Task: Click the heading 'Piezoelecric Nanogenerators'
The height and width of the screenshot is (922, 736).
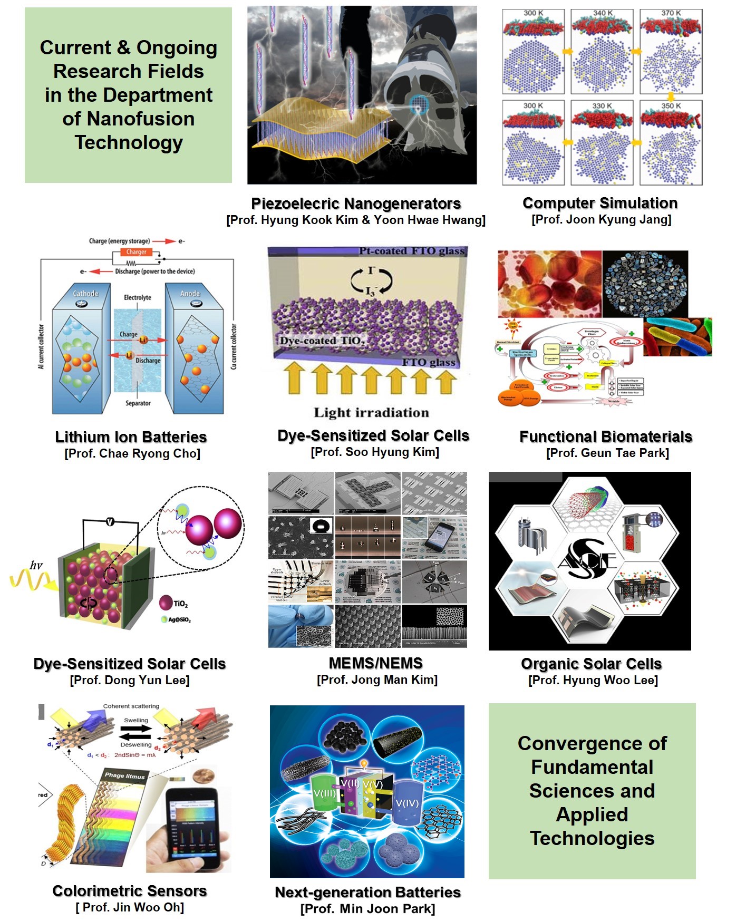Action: coord(356,203)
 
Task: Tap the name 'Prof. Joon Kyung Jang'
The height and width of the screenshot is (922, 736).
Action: coord(602,219)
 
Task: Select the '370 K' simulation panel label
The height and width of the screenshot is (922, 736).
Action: coord(671,13)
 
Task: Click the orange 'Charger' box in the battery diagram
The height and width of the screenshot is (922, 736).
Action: coord(136,252)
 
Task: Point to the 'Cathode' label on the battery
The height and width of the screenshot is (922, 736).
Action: coord(85,293)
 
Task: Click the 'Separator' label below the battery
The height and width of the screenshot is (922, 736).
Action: coord(138,403)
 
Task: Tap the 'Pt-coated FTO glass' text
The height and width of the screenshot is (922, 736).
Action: coord(412,251)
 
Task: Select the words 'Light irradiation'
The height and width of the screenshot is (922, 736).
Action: coord(371,412)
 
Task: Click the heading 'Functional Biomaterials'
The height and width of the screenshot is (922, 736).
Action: coord(606,436)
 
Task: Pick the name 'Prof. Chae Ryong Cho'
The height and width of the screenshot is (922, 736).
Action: coord(132,453)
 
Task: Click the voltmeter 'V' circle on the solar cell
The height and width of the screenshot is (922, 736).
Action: coord(110,521)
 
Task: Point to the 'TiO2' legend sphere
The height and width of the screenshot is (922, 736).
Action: coord(166,603)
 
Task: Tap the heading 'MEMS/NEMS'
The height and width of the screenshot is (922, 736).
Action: coord(376,663)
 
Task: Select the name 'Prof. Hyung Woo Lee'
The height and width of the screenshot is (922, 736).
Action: coord(593,680)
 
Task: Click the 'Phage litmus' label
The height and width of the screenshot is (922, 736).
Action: coord(124,775)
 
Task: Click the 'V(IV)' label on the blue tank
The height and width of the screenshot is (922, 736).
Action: coord(407,803)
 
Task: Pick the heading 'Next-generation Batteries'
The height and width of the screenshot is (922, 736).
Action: coord(368,892)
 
